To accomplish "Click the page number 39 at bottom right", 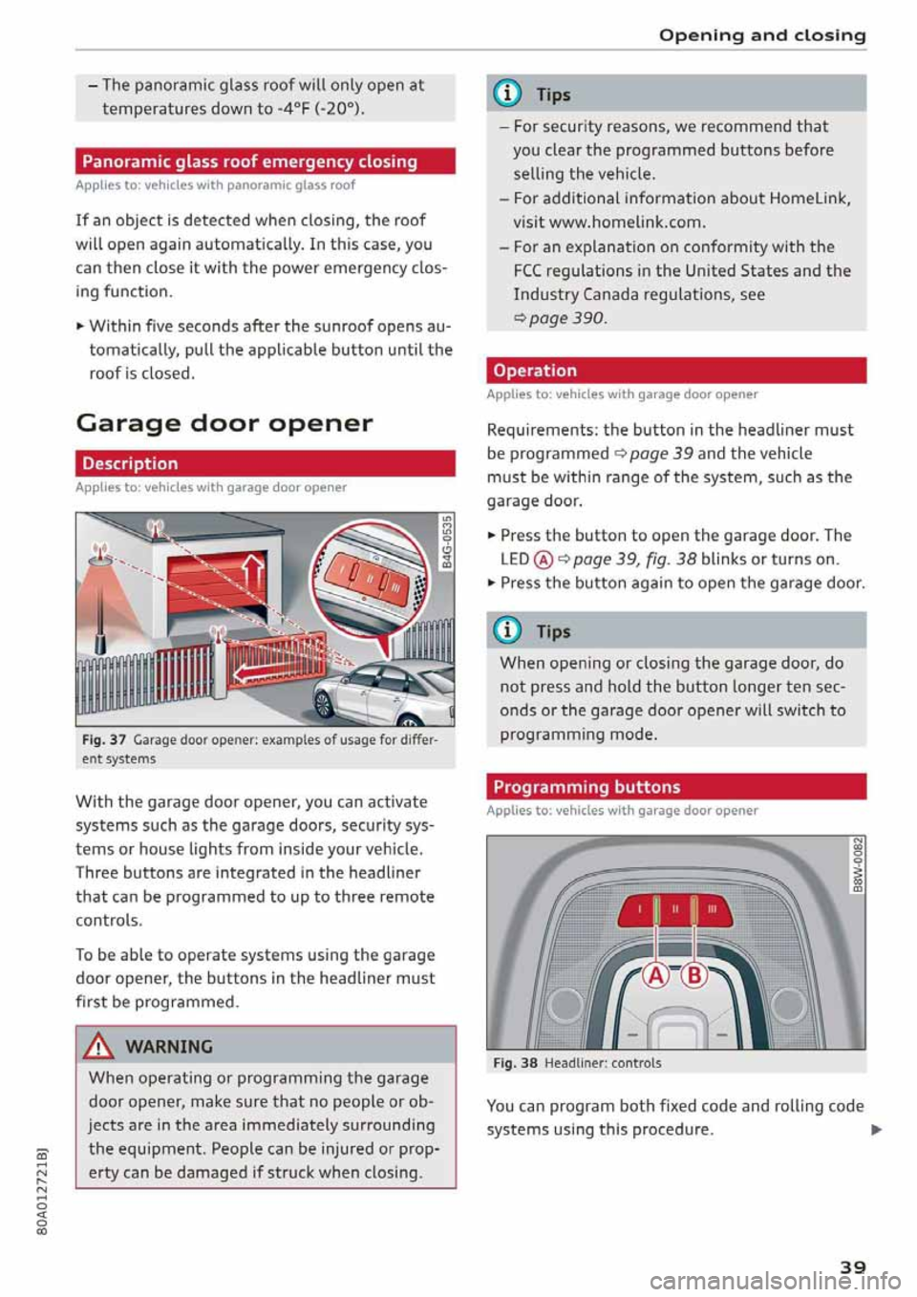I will tap(852, 1266).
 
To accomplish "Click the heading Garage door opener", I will tap(224, 423).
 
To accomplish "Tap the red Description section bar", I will tap(265, 463).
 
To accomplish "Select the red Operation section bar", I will tap(675, 371).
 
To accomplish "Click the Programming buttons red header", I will tap(675, 787).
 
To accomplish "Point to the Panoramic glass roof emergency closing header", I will tap(265, 161).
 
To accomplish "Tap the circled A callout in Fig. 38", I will tap(656, 975).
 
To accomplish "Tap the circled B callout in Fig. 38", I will tap(694, 975).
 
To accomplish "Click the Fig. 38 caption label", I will tap(515, 1063).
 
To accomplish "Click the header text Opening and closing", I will tap(762, 35).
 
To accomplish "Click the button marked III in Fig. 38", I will tap(712, 910).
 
